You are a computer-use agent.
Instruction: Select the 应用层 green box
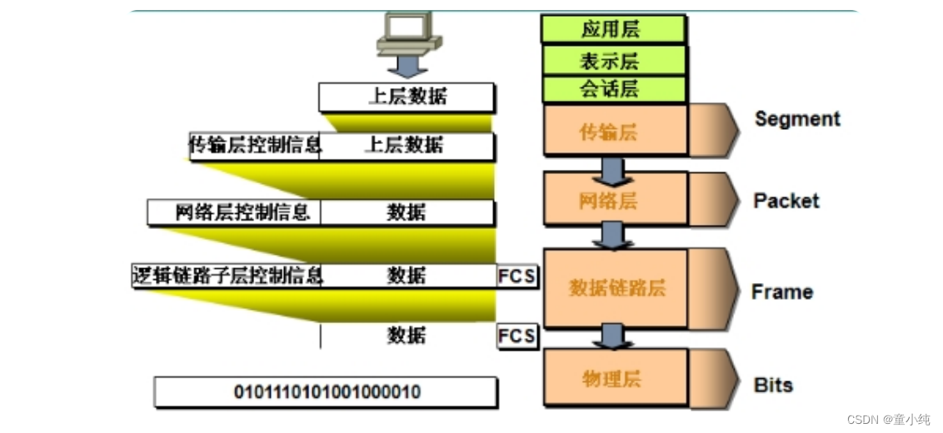(x=613, y=29)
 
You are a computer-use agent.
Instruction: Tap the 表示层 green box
(x=613, y=61)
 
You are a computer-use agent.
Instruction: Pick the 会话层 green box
(x=613, y=89)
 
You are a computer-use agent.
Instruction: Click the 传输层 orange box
(x=615, y=131)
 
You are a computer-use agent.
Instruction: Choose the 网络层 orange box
(x=615, y=201)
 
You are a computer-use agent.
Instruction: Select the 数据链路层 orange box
(x=616, y=288)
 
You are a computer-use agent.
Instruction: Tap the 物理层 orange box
(x=615, y=379)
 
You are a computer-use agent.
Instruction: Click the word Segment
(x=797, y=119)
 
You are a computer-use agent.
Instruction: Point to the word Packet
(x=786, y=201)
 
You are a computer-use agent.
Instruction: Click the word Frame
(x=781, y=292)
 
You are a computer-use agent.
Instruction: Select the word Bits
(x=773, y=386)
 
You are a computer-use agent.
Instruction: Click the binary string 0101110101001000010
(x=327, y=391)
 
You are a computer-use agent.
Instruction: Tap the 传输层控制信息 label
(x=255, y=146)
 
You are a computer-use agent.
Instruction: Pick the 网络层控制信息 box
(x=234, y=212)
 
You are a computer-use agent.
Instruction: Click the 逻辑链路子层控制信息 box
(x=227, y=275)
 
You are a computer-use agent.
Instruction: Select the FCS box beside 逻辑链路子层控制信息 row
(x=516, y=276)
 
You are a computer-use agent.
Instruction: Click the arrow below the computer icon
(x=407, y=64)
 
